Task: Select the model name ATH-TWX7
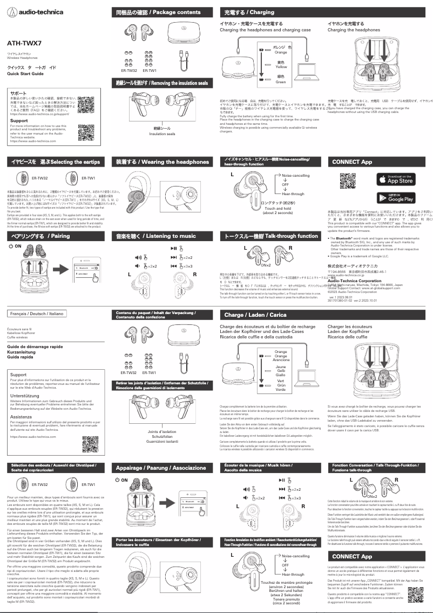pos(24,42)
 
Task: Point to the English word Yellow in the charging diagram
pos(281,67)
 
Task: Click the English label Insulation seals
pos(162,134)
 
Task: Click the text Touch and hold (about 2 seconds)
pos(278,210)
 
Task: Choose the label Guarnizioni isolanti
pos(163,442)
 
